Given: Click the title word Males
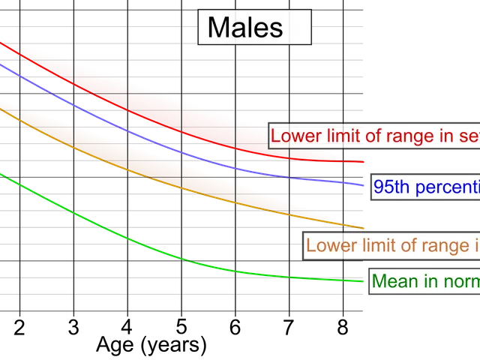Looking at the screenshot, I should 244,28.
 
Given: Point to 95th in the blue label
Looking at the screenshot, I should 391,187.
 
